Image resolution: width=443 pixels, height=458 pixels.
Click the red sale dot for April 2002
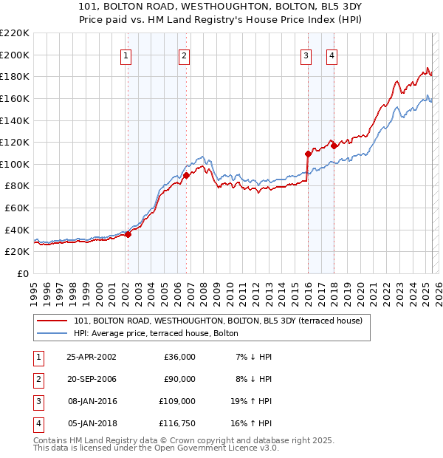coord(128,234)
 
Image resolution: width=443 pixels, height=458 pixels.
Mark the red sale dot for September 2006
coord(186,175)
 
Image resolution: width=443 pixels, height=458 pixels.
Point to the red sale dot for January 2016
coord(308,154)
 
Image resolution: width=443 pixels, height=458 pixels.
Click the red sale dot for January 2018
coord(334,146)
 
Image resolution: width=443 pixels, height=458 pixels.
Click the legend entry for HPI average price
coord(156,333)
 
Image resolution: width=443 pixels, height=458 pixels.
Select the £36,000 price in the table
coord(179,357)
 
